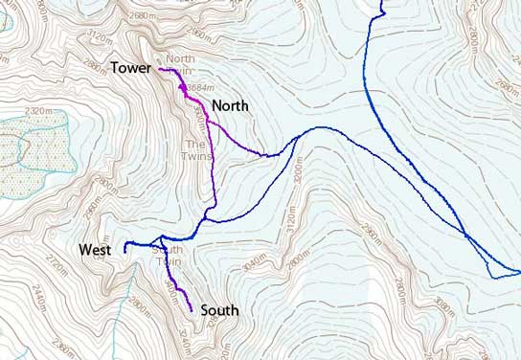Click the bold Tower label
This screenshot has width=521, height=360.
point(132,68)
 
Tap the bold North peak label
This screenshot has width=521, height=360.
point(231,104)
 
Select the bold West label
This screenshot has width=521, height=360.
point(96,250)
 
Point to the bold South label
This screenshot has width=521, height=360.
point(219,310)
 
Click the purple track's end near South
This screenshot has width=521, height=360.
point(193,310)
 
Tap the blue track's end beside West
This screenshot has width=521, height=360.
point(125,250)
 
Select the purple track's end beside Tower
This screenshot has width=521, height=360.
point(160,69)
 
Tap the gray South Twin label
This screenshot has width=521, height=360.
point(168,256)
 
